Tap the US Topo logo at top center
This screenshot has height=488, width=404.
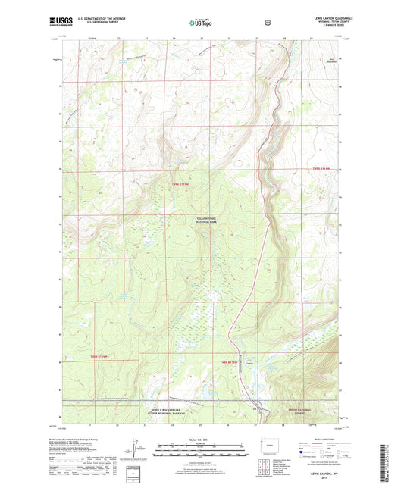[202, 23]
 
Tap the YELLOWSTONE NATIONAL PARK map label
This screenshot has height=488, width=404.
[202, 220]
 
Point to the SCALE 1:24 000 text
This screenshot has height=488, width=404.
[202, 440]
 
